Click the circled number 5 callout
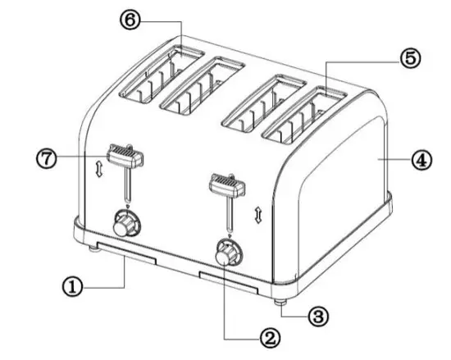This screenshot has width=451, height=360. coord(411,58)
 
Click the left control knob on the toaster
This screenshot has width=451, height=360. coord(126,221)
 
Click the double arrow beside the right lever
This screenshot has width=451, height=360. coord(258,215)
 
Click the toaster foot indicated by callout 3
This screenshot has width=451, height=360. coord(280,297)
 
